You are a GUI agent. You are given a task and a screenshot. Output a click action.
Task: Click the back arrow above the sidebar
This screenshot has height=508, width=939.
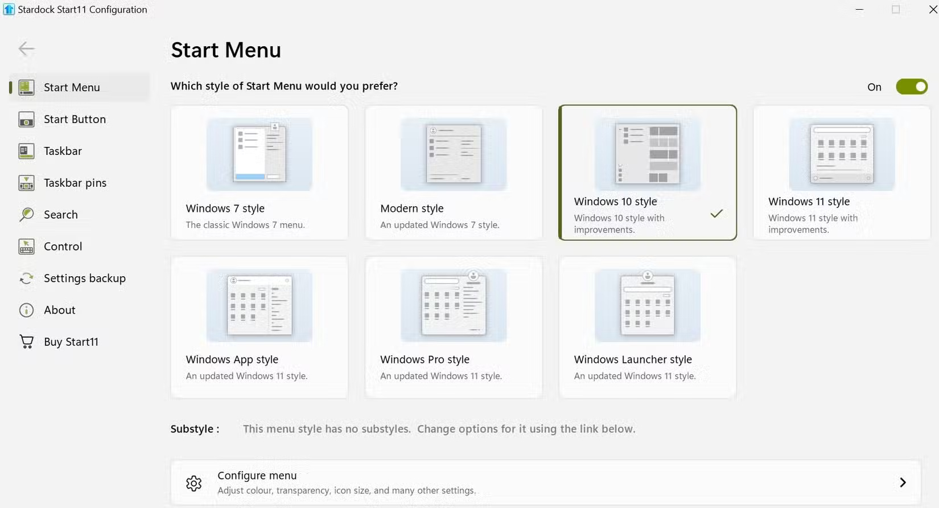click(26, 49)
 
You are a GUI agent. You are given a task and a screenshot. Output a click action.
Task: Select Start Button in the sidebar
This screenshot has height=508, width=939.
click(75, 119)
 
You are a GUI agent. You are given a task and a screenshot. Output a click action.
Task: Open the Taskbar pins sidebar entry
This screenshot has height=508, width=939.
click(75, 183)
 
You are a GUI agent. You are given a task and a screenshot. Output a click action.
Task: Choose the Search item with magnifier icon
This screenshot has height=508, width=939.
click(60, 215)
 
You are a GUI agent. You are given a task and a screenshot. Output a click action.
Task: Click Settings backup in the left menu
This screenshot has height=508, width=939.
click(84, 278)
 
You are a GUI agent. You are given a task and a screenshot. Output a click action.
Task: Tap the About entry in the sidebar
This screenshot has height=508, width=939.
click(59, 310)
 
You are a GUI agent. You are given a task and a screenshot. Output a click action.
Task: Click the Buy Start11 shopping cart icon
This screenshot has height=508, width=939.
click(26, 342)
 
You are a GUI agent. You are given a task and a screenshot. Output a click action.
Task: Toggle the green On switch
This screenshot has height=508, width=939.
click(911, 87)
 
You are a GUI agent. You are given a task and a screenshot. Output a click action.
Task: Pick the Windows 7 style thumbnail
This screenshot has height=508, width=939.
click(259, 154)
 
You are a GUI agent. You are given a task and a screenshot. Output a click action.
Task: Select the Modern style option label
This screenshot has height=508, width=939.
click(411, 208)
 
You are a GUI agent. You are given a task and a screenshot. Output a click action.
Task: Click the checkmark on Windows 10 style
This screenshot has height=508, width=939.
click(716, 214)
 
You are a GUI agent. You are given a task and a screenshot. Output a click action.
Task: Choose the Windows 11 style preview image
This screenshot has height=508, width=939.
click(842, 154)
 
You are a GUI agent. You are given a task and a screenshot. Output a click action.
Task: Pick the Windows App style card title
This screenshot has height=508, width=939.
click(232, 359)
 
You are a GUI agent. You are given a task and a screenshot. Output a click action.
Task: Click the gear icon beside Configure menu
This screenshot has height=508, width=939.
click(193, 483)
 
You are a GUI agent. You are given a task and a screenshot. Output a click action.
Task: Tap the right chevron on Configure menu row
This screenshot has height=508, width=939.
click(903, 482)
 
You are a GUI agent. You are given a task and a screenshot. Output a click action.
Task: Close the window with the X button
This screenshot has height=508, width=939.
click(933, 10)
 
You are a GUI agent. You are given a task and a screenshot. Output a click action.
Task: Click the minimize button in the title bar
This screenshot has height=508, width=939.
click(859, 10)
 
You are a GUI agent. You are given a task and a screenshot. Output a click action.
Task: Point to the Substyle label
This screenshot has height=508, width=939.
click(195, 429)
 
